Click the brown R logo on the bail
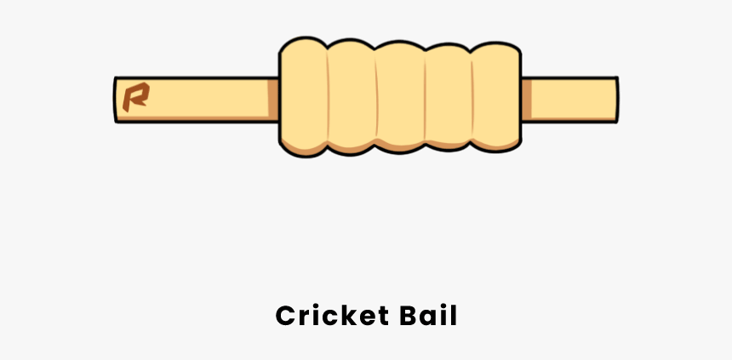click(136, 97)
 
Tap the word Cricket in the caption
click(333, 316)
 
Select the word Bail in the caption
click(428, 316)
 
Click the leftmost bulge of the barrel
click(304, 97)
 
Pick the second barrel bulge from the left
click(352, 97)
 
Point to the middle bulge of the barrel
click(401, 97)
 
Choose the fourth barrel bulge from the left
click(449, 97)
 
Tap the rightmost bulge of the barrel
click(496, 97)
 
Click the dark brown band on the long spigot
click(273, 99)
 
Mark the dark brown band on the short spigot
click(527, 99)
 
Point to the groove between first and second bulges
click(328, 97)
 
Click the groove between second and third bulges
click(377, 97)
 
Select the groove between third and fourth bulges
click(425, 97)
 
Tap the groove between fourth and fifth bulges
click(472, 97)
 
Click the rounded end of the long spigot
click(115, 100)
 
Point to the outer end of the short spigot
click(618, 100)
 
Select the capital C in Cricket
click(286, 316)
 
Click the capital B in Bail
click(409, 316)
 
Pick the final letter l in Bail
click(455, 316)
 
